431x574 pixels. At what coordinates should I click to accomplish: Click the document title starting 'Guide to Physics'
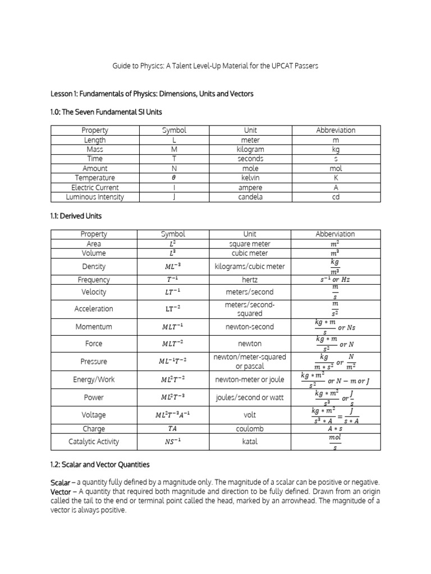click(215, 66)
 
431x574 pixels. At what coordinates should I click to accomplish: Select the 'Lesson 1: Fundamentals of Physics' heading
click(152, 94)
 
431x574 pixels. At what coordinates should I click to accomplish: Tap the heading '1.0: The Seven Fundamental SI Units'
click(106, 112)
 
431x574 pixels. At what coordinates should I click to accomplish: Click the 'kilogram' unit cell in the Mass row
click(250, 150)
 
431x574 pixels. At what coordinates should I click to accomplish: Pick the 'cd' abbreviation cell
click(336, 197)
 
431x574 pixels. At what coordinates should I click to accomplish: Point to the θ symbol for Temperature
click(173, 178)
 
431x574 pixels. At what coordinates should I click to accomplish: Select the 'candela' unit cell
click(250, 197)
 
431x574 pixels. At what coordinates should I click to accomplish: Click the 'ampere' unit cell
click(250, 188)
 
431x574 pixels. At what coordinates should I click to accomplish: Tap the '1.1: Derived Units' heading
click(76, 215)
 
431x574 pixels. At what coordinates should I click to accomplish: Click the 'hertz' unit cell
click(250, 279)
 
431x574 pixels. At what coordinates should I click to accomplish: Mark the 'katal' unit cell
click(250, 441)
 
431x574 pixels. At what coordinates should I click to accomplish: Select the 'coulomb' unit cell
click(250, 428)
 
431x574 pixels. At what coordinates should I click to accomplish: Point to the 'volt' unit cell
click(250, 415)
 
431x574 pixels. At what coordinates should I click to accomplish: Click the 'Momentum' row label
click(94, 327)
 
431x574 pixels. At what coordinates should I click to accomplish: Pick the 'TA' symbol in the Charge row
click(173, 428)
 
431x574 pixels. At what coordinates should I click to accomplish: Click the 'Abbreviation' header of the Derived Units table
click(336, 234)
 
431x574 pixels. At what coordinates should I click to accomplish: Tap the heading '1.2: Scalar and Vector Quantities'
click(100, 465)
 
